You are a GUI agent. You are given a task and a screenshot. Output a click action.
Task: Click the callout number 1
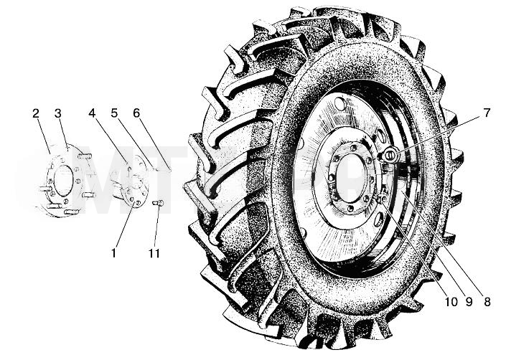point(113,253)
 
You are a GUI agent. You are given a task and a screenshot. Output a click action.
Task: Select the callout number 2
point(36,113)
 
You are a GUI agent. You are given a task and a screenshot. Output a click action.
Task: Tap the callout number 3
point(58,113)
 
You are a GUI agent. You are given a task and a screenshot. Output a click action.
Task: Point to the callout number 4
point(93,113)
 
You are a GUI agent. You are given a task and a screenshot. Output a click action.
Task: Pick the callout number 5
point(114,113)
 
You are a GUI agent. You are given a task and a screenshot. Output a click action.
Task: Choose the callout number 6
point(136,113)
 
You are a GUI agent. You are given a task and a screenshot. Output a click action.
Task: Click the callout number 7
point(487,113)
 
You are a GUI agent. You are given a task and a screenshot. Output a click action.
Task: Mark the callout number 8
point(487,302)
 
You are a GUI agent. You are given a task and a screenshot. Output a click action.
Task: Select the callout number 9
point(469,302)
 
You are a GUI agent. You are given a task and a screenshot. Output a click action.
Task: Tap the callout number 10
point(451,302)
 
